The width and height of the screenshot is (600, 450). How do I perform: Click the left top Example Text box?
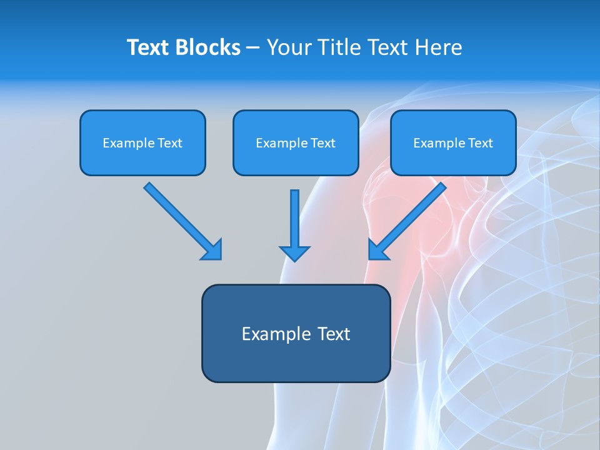(142, 142)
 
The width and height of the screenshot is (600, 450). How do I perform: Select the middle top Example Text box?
(296, 142)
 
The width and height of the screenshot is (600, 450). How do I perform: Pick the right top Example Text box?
(453, 142)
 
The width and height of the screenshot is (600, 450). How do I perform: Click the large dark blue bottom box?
(296, 333)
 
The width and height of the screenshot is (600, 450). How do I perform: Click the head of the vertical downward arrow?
(294, 252)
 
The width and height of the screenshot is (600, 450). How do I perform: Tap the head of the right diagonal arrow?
(379, 249)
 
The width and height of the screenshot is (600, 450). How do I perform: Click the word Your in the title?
(287, 47)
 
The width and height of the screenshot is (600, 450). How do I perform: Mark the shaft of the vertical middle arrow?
(294, 216)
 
